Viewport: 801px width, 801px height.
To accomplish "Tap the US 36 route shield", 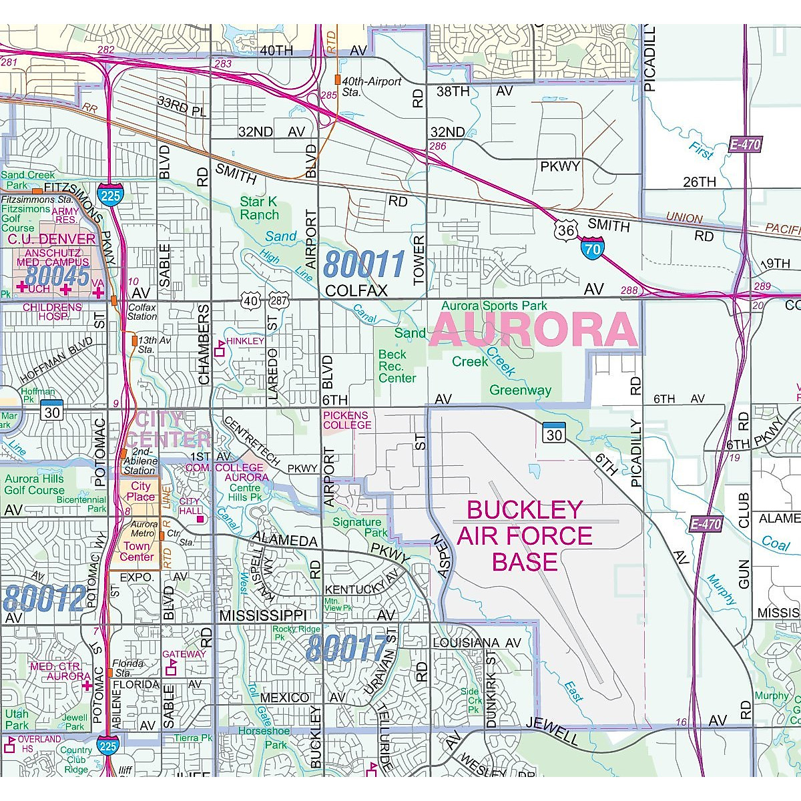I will (565, 231).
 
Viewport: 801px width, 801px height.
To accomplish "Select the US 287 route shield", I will (279, 300).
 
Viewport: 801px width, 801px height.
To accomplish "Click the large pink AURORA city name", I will (534, 329).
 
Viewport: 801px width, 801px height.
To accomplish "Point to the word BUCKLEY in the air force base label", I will (525, 510).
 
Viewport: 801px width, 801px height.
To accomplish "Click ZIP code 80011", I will (364, 264).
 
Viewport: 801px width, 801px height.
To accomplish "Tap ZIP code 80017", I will (347, 648).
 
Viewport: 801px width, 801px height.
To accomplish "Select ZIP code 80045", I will (59, 276).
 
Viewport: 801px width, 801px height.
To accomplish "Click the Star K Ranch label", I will (259, 208).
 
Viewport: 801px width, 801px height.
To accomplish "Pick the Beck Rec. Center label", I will (397, 366).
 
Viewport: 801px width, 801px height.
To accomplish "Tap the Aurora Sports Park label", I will (494, 306).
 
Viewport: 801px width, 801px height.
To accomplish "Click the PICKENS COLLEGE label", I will (347, 420).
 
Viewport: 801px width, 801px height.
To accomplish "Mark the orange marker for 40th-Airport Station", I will (338, 80).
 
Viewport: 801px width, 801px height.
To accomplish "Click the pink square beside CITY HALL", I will (200, 519).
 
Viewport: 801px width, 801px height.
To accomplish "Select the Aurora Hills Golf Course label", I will (35, 484).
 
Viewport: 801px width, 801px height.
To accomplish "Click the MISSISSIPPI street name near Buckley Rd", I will (263, 615).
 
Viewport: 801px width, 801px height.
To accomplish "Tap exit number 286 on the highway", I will (438, 147).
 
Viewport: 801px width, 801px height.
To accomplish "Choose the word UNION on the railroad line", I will (684, 218).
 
